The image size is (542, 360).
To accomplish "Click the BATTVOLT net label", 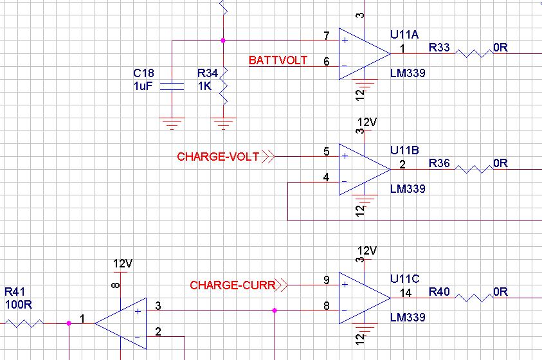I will (278, 61).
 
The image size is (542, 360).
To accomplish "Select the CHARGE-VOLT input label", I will (218, 156).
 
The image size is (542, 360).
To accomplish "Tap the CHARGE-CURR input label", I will (232, 285).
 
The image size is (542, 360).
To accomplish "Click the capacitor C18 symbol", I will (172, 87).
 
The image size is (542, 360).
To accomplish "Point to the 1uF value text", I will (143, 85).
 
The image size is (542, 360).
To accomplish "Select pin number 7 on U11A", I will (327, 35).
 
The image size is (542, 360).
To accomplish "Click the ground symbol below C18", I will (171, 123).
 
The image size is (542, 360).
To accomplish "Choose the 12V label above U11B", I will (367, 122).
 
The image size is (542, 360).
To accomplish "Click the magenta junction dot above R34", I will (222, 40).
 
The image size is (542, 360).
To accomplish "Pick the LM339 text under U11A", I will (408, 73).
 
